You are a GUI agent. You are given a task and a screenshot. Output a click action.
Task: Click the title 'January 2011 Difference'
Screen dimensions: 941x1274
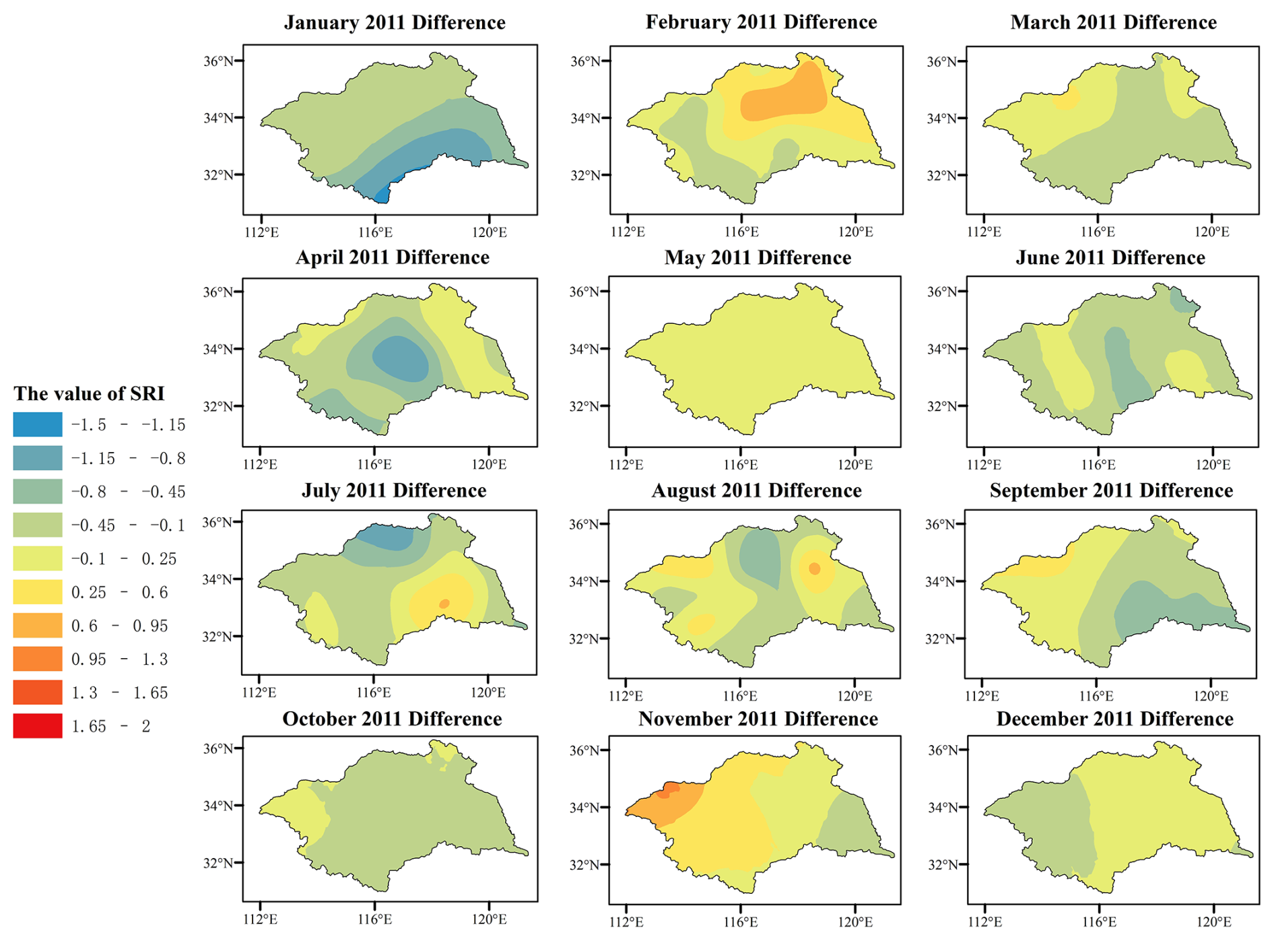[395, 22]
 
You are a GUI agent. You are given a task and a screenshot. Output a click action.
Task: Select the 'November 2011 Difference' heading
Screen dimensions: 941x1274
[758, 719]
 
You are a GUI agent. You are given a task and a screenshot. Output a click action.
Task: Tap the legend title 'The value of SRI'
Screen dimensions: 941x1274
[89, 393]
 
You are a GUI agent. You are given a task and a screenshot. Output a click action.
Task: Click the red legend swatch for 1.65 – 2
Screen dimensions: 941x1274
[38, 726]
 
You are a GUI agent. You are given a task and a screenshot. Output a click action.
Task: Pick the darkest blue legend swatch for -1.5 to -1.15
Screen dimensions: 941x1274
[38, 424]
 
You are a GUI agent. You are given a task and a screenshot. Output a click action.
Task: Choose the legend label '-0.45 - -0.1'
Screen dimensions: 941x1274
[128, 525]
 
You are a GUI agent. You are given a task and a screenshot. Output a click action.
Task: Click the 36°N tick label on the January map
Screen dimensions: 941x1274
[219, 61]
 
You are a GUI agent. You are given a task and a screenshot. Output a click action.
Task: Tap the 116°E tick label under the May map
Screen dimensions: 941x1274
[741, 464]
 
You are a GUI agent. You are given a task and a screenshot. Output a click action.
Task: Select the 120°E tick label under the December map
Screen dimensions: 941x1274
[1214, 921]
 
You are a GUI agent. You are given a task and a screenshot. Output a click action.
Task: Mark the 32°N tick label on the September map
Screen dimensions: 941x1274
[940, 639]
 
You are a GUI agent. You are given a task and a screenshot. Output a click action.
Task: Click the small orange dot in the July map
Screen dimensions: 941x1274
[444, 604]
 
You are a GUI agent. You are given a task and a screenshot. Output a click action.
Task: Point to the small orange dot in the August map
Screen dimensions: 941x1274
[814, 569]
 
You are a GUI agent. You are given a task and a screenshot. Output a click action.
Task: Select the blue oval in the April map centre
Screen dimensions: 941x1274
[400, 359]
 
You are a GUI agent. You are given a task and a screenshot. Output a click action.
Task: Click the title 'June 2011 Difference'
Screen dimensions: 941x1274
[1110, 258]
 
